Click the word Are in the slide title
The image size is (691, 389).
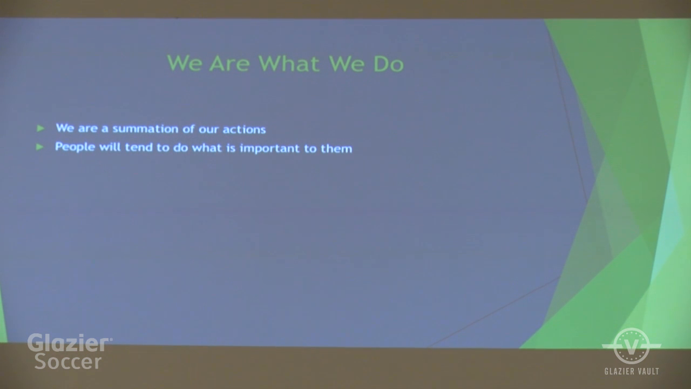pyautogui.click(x=229, y=64)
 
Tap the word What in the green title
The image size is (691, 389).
pyautogui.click(x=289, y=64)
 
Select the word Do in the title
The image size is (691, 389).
pyautogui.click(x=388, y=64)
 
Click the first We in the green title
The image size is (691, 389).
pyautogui.click(x=185, y=63)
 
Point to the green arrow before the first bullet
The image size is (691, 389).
pyautogui.click(x=40, y=128)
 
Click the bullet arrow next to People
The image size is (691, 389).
pyautogui.click(x=39, y=147)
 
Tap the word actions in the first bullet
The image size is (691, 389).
pyautogui.click(x=244, y=130)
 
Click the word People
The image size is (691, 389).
pyautogui.click(x=75, y=147)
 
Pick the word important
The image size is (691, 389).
pyautogui.click(x=270, y=149)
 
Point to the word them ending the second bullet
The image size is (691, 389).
pyautogui.click(x=336, y=149)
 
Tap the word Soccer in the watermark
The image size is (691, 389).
pyautogui.click(x=68, y=361)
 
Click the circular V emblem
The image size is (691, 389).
pyautogui.click(x=632, y=346)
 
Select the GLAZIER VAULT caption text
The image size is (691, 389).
pyautogui.click(x=632, y=371)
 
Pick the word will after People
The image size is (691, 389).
pyautogui.click(x=110, y=147)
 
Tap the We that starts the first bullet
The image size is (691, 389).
pyautogui.click(x=65, y=128)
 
